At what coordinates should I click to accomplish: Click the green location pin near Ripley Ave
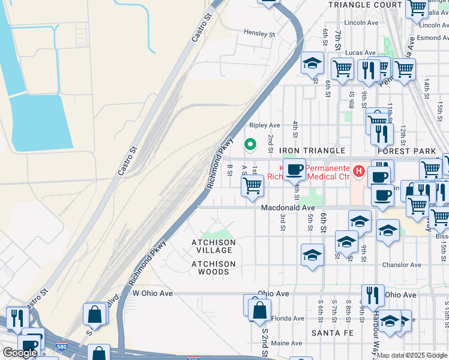coord(250,144)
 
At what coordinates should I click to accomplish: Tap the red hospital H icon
coord(359,172)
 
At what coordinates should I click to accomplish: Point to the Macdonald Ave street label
coord(288,208)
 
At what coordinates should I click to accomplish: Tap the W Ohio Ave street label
coord(152,293)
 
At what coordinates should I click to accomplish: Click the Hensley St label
coord(259,33)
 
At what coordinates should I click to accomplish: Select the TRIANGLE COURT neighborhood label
coord(365,4)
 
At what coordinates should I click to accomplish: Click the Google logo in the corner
coord(20,353)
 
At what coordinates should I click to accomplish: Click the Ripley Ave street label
coord(265,125)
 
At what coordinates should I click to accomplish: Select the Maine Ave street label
coord(286,343)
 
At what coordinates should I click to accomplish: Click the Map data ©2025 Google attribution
coord(412,355)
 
